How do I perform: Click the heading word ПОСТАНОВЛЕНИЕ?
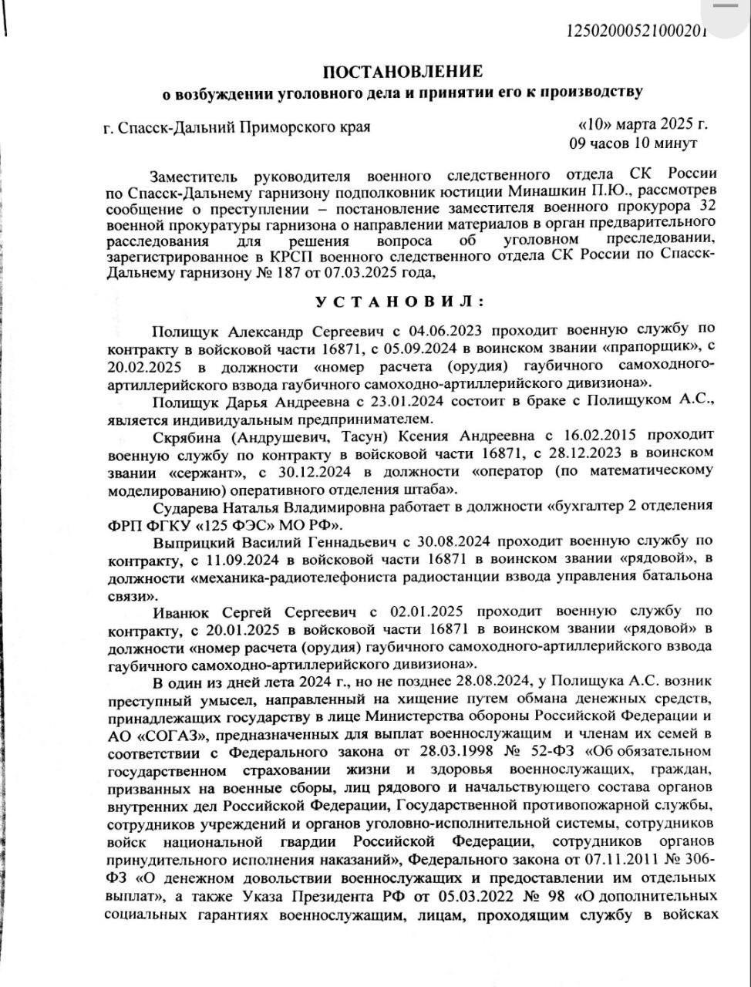point(402,72)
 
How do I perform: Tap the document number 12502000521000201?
point(637,32)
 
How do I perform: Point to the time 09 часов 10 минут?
point(632,143)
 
